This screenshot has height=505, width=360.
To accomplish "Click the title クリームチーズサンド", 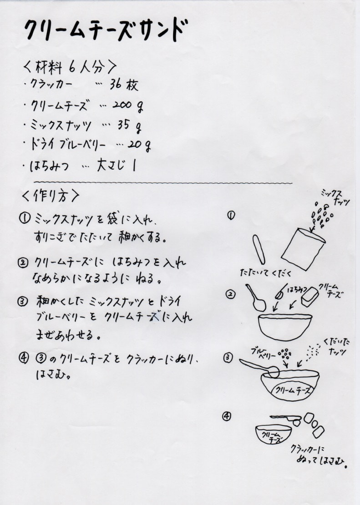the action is click(106, 30).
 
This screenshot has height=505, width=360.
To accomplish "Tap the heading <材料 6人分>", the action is click(70, 67).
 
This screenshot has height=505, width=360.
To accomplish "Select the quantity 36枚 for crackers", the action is click(124, 85).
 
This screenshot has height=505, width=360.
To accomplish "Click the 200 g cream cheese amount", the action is click(128, 105).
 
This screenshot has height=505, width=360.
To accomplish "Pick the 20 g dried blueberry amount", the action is click(139, 145).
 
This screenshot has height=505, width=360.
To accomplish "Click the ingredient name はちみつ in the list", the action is click(49, 166).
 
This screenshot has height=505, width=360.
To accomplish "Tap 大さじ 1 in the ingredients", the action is click(117, 165).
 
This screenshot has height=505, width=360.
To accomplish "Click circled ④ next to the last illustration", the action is click(227, 416).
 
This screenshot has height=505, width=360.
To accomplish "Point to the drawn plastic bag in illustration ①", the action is click(303, 248).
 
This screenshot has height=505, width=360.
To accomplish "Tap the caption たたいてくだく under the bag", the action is click(266, 273).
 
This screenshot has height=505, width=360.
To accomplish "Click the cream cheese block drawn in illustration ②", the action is click(310, 297).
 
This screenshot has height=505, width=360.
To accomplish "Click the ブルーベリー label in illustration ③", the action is click(263, 353).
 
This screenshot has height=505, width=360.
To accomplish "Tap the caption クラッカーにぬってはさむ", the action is click(318, 455).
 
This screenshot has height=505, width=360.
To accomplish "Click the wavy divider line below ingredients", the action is click(163, 183).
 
